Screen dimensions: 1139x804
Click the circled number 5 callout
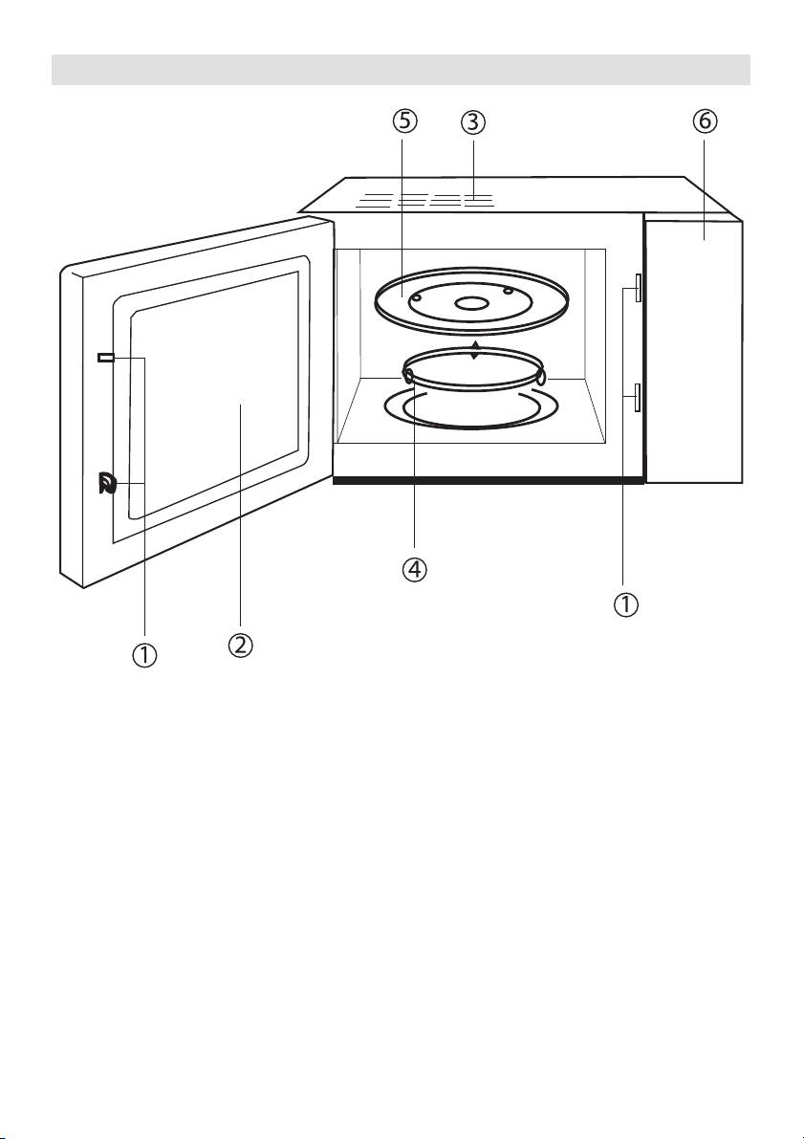(403, 122)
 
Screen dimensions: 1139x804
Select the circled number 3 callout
(471, 122)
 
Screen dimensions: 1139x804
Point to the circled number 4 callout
(414, 569)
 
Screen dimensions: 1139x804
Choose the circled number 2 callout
(239, 645)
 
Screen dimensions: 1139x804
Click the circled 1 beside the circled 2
(145, 655)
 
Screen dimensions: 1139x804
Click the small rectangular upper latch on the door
(105, 358)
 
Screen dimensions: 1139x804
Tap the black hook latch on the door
(105, 484)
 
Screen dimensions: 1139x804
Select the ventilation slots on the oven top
(429, 202)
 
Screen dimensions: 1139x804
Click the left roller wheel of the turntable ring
(409, 376)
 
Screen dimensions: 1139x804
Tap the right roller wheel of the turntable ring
(540, 377)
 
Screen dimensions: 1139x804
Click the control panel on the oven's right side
(694, 349)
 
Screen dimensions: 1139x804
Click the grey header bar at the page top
(402, 70)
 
